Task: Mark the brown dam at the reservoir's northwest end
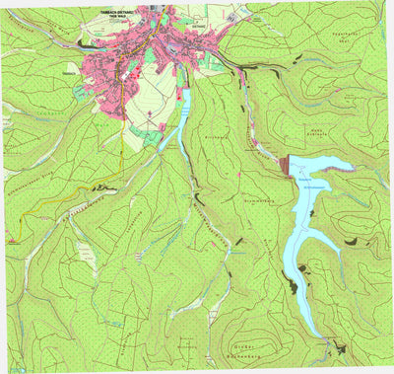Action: (x=286, y=167)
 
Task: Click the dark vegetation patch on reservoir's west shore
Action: (x=292, y=286)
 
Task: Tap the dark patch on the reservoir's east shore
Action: (x=328, y=267)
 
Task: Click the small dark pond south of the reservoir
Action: (x=336, y=345)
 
